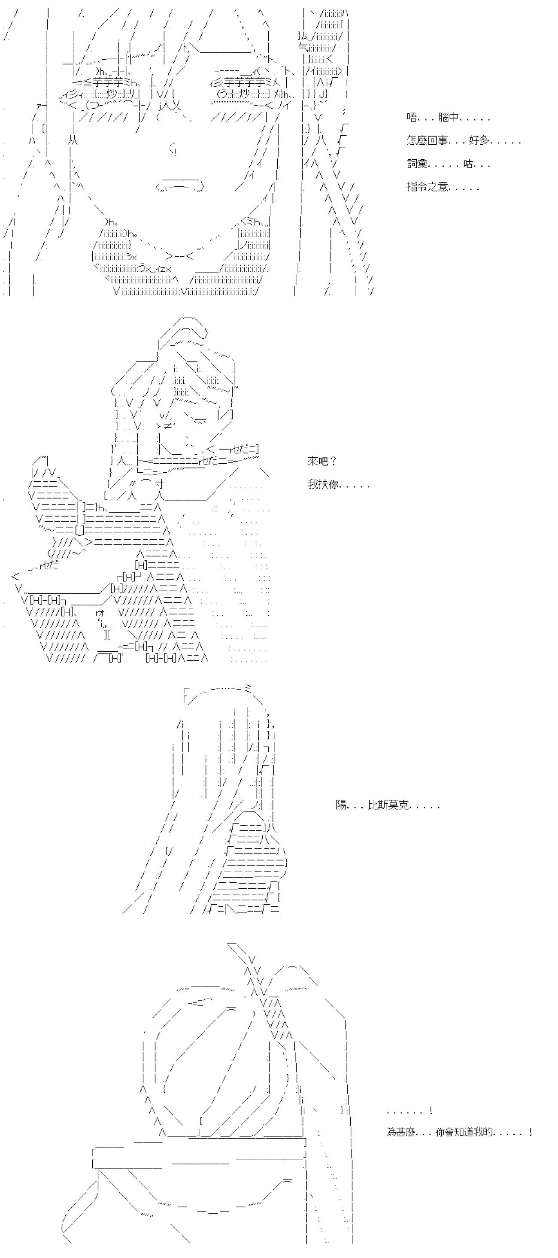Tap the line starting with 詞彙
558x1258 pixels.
pyautogui.click(x=448, y=164)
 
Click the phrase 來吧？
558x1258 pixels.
pyautogui.click(x=322, y=461)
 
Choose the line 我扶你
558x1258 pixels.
pyautogui.click(x=338, y=484)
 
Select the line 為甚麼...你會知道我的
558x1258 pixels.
pyautogui.click(x=458, y=1132)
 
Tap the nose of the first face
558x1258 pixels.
pyautogui.click(x=173, y=149)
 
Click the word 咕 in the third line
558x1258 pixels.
pyautogui.click(x=468, y=164)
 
